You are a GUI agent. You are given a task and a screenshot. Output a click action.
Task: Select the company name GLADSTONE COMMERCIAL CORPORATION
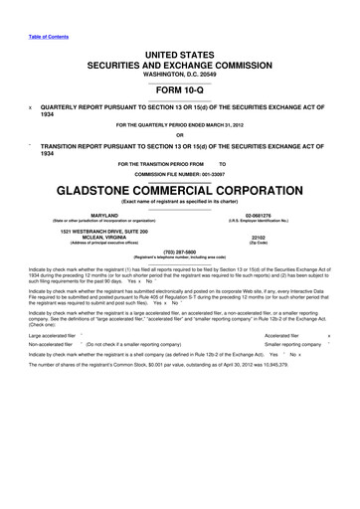(179, 189)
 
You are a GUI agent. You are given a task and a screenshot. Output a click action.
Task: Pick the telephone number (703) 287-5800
(179, 252)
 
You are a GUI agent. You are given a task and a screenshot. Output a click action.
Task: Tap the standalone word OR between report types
(179, 136)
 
